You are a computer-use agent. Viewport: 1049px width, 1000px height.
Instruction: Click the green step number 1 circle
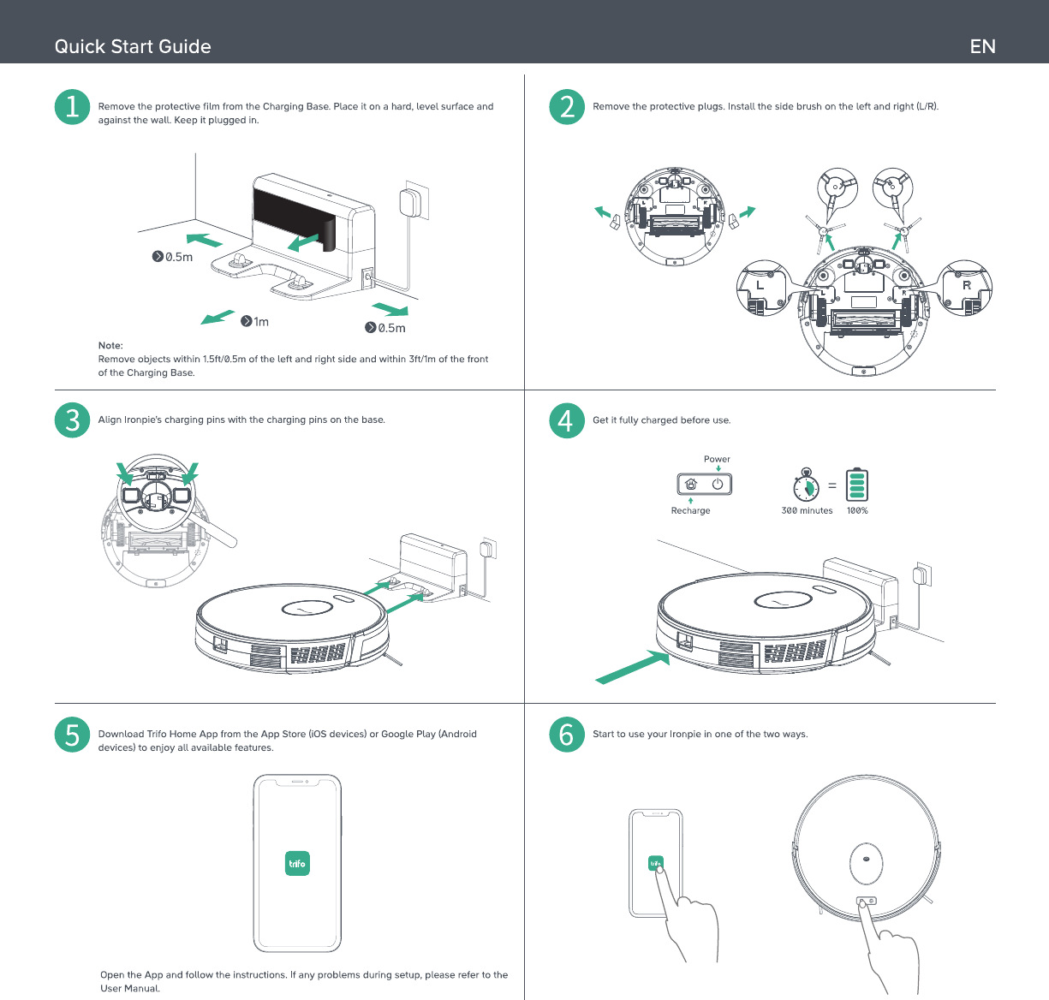click(72, 107)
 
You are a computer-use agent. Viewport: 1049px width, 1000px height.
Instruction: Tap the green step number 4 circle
click(567, 420)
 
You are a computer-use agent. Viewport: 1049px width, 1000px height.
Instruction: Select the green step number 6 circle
click(567, 735)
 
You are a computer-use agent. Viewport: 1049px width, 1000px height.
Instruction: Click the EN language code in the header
click(982, 46)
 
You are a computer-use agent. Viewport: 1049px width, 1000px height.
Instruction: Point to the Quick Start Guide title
click(133, 46)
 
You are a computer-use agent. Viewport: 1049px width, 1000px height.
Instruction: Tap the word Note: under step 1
click(110, 345)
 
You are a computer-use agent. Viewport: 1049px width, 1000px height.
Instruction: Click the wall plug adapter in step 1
click(410, 202)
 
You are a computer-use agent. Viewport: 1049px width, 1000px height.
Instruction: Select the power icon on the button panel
click(718, 484)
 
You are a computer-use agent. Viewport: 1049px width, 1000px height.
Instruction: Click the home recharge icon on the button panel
click(691, 484)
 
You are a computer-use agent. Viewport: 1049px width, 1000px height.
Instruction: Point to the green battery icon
click(857, 485)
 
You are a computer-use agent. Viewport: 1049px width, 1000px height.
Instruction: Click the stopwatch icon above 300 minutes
click(806, 485)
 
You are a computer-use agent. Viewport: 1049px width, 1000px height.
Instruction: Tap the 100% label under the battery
click(857, 510)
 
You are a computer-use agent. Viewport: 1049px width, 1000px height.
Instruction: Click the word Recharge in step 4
click(690, 510)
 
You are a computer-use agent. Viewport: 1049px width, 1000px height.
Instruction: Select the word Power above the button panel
click(717, 459)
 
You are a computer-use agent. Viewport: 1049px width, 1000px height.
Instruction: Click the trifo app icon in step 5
click(297, 863)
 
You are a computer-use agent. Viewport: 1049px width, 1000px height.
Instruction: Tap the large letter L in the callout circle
click(760, 285)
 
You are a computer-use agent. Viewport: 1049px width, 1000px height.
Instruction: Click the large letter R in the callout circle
click(966, 285)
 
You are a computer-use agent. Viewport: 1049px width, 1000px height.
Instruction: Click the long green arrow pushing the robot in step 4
click(632, 667)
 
